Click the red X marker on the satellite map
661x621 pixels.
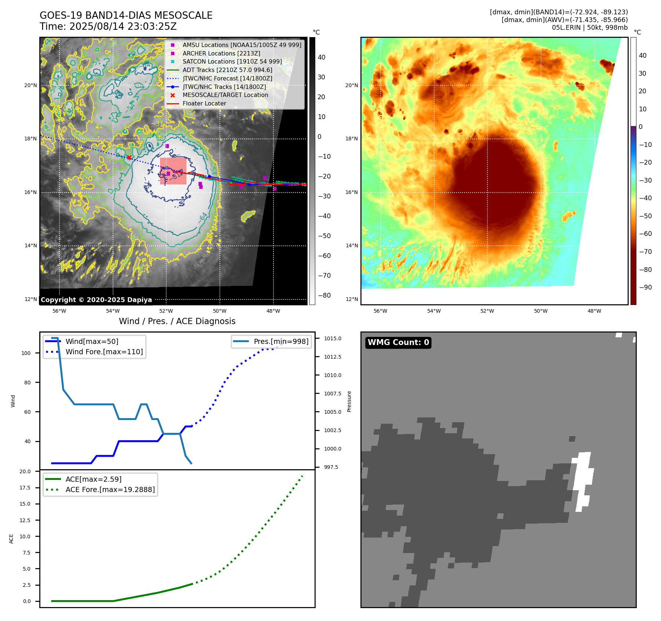pyautogui.click(x=129, y=158)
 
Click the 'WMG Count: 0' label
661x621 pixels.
pyautogui.click(x=398, y=342)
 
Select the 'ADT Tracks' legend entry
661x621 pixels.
pyautogui.click(x=227, y=70)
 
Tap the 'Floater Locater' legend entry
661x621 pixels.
pyautogui.click(x=204, y=104)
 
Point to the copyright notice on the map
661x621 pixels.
pyautogui.click(x=96, y=300)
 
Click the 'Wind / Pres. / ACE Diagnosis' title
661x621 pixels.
pyautogui.click(x=177, y=321)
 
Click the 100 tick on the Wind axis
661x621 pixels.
pyautogui.click(x=26, y=353)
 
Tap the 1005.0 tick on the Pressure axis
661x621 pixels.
pyautogui.click(x=333, y=412)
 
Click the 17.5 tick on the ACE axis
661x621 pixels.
pyautogui.click(x=25, y=488)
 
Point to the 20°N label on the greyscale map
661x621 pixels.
pyautogui.click(x=30, y=86)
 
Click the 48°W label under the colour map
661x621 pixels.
pyautogui.click(x=594, y=311)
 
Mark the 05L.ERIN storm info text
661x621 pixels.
pyautogui.click(x=589, y=28)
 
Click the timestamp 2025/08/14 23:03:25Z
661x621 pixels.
pyautogui.click(x=123, y=26)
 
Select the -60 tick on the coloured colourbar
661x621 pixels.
pyautogui.click(x=645, y=234)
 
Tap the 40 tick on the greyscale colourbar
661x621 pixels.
pyautogui.click(x=322, y=57)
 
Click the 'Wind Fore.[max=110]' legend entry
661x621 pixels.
pyautogui.click(x=104, y=352)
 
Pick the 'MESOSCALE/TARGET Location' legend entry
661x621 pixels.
pyautogui.click(x=225, y=95)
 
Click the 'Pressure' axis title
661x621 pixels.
pyautogui.click(x=349, y=401)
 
